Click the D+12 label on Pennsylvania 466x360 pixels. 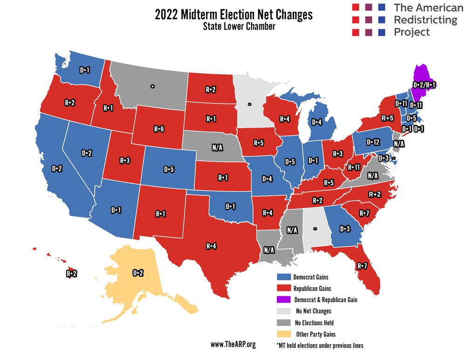(373, 142)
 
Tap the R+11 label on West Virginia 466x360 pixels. (356, 167)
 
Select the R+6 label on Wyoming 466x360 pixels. (158, 128)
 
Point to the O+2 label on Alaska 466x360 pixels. (138, 273)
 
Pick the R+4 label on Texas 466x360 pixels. (212, 246)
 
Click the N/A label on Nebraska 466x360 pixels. (217, 147)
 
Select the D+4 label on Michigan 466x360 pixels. (316, 122)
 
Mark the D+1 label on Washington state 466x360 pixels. (85, 70)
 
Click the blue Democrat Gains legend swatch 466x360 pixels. (282, 277)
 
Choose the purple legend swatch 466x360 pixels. (282, 300)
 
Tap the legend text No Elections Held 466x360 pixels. (315, 323)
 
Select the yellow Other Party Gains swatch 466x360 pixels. (282, 334)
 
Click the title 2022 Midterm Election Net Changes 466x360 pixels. (233, 15)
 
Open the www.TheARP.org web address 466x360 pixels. (233, 345)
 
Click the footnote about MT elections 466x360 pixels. (319, 346)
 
